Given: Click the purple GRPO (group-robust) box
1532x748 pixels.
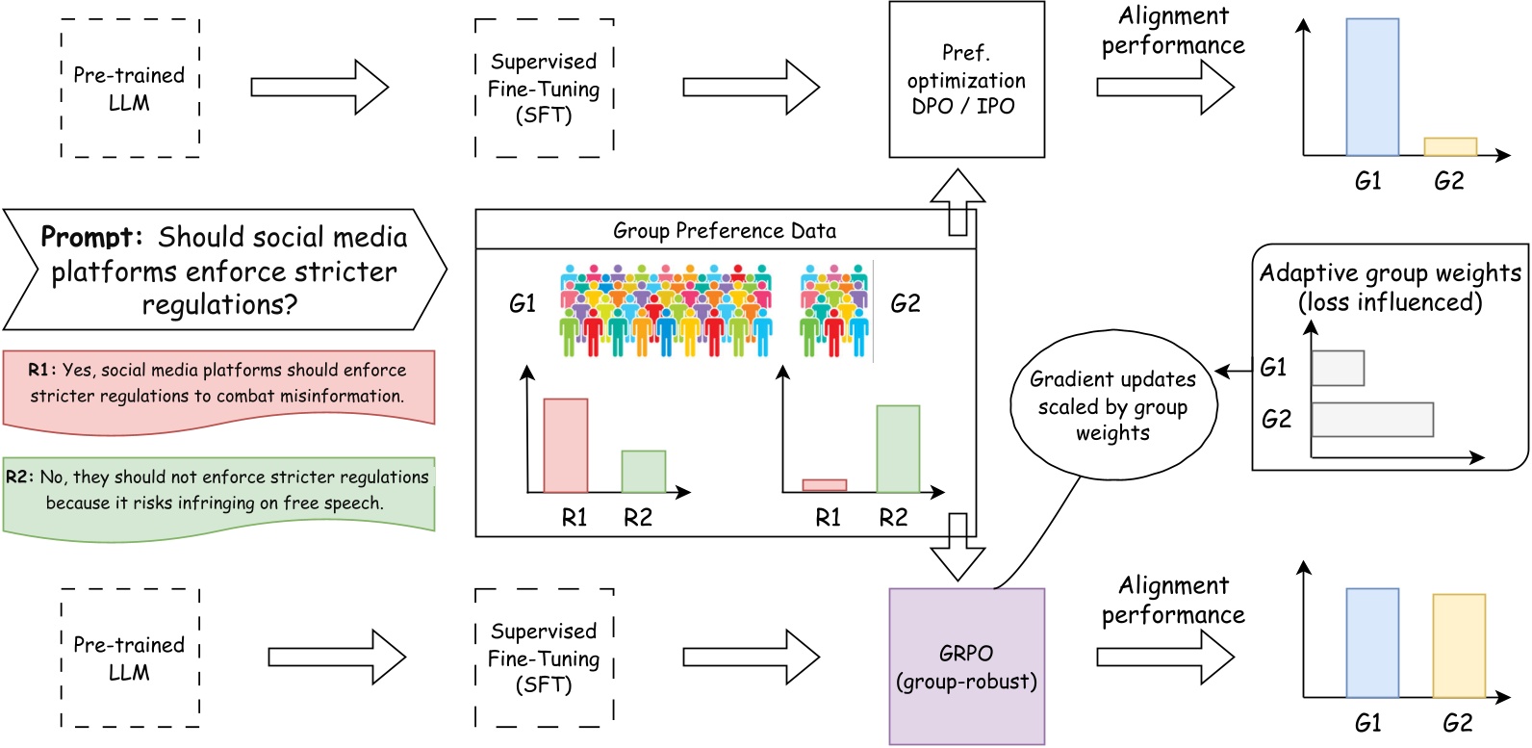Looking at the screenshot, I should (x=966, y=666).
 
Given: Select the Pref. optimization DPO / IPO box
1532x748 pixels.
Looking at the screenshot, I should (x=966, y=80).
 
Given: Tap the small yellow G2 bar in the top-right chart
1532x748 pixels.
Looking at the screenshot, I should (x=1449, y=147).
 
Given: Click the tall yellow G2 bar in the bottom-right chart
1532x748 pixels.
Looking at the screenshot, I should (x=1458, y=646).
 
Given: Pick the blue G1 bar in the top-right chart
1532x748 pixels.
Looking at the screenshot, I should (x=1371, y=88).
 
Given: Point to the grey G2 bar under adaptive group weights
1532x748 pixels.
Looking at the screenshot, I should (x=1371, y=420).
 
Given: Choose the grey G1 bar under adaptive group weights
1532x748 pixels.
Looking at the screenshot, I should (x=1338, y=368).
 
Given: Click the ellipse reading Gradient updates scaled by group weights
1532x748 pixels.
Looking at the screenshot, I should (x=1113, y=405).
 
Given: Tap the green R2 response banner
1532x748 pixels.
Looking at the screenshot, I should (x=218, y=492).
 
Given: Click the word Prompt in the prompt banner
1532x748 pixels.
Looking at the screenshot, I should (x=91, y=237).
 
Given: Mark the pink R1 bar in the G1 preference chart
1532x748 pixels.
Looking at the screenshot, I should (x=566, y=446).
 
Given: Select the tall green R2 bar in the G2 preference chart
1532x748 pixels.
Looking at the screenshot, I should (x=897, y=449).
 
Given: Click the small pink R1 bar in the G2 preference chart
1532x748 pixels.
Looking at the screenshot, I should (x=825, y=485).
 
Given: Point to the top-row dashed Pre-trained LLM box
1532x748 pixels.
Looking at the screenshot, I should (x=130, y=89).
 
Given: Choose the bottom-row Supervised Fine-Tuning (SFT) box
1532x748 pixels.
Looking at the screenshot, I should (x=544, y=658).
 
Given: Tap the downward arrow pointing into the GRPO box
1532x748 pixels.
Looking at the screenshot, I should (x=957, y=549).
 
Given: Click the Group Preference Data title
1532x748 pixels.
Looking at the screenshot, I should (x=725, y=231).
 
